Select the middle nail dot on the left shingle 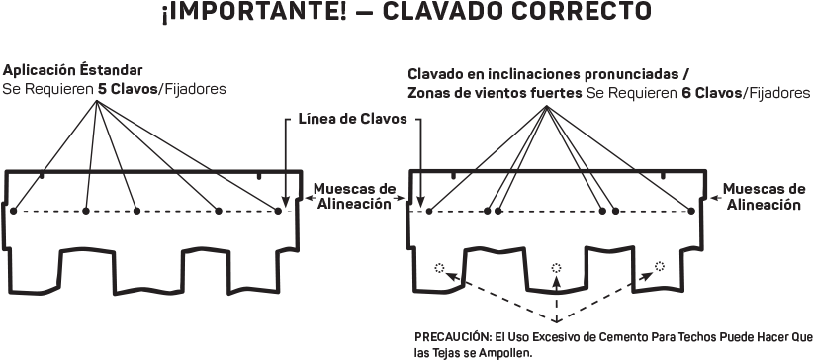coord(136,211)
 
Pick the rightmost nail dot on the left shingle coord(279,211)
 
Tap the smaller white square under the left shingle coord(107,285)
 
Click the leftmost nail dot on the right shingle coord(429,211)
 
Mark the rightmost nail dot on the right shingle coord(688,211)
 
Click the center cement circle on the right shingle coord(556,267)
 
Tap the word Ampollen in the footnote coord(506,351)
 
